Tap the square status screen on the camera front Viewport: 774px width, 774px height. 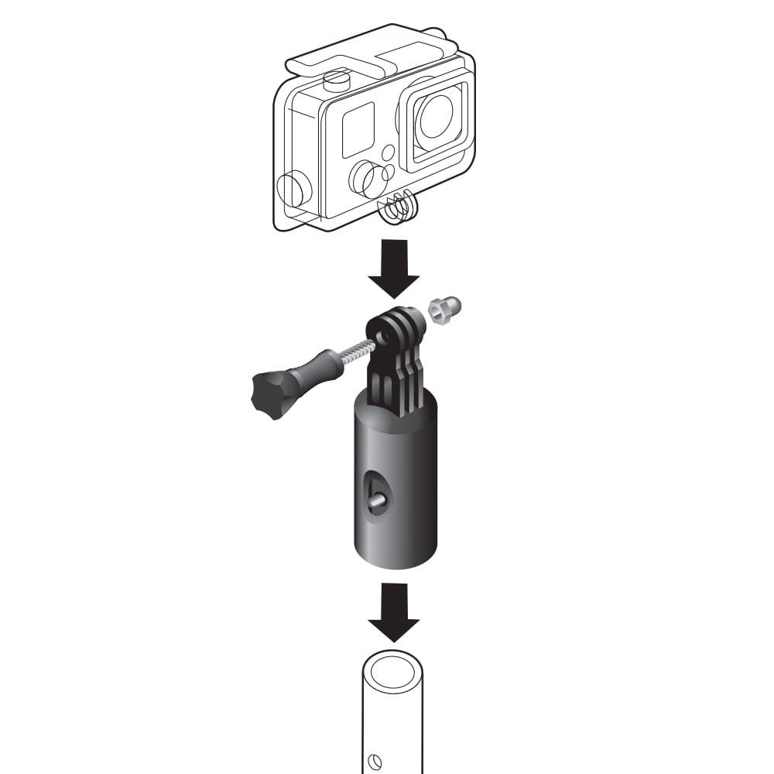(358, 128)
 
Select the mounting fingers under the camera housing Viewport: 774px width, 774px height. (399, 207)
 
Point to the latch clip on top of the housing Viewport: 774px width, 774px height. (364, 57)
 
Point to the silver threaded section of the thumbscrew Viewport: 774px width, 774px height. (353, 351)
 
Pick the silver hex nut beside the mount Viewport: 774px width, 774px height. (445, 310)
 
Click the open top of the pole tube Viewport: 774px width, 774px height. (393, 668)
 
